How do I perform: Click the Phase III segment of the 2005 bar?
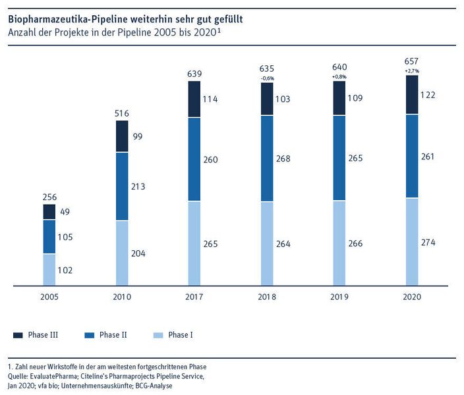pos(49,211)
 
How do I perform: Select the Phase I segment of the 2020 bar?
pos(411,242)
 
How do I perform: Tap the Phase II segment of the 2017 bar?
pos(194,159)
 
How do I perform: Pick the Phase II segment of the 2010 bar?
pos(122,186)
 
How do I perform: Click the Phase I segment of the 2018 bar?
pos(267,244)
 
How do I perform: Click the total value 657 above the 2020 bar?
pos(411,60)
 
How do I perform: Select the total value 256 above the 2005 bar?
pos(49,196)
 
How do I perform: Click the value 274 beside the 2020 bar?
pos(428,242)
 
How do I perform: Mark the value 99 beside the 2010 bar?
pos(137,136)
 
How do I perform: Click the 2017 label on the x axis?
pos(194,297)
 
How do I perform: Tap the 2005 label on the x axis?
pos(49,297)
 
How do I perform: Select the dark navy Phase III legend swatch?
pos(18,335)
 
